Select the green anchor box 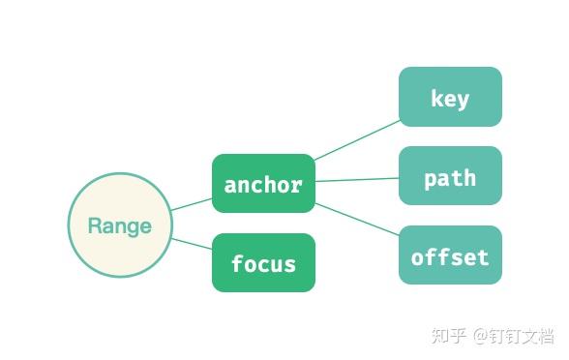point(263,183)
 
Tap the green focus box point(263,262)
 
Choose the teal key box point(450,97)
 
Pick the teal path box point(450,176)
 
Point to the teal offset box point(450,255)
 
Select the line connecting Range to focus point(192,243)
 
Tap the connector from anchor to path point(357,179)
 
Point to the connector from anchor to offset point(357,220)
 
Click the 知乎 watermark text point(448,336)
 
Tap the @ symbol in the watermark point(482,336)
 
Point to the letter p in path point(431,179)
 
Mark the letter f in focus point(237,263)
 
